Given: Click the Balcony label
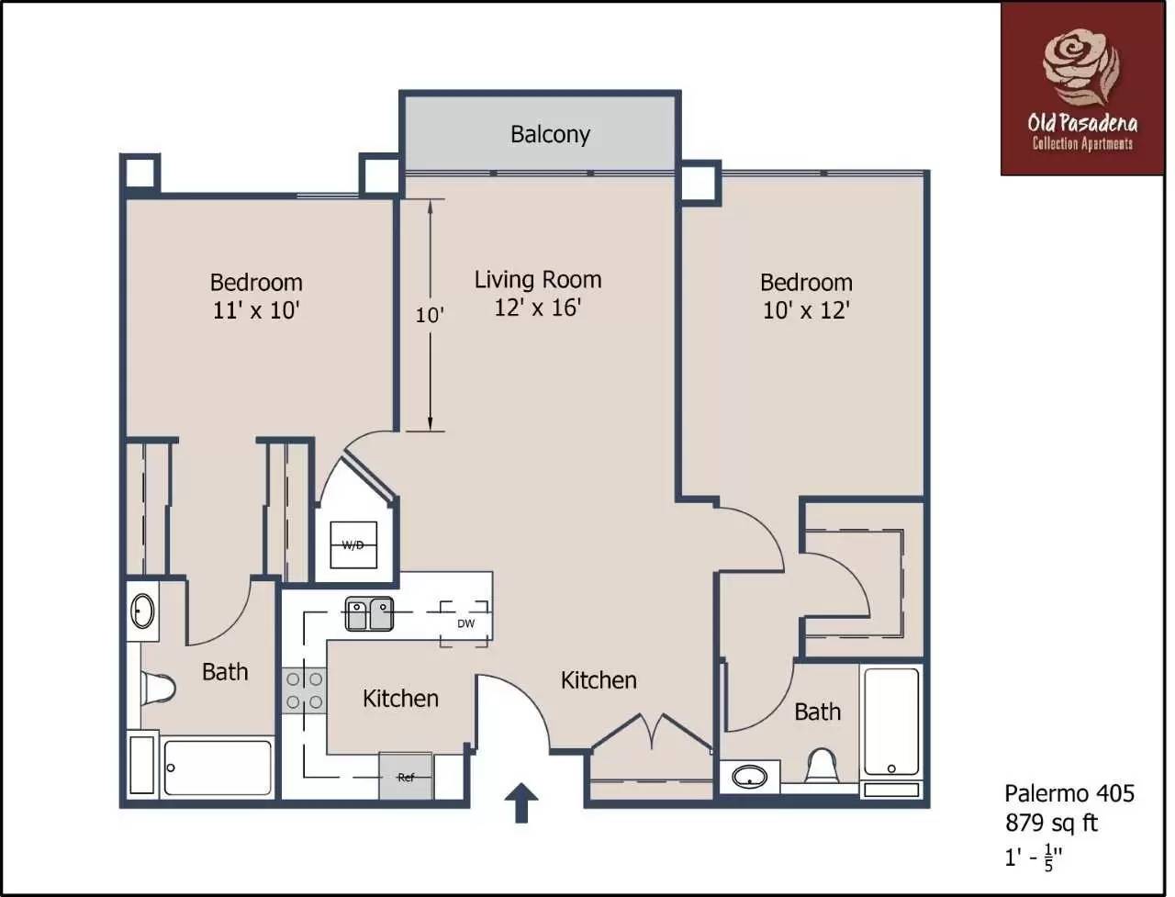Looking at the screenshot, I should [x=550, y=134].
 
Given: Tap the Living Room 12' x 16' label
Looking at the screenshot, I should [x=538, y=293].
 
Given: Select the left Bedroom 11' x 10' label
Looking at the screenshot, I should [x=256, y=296].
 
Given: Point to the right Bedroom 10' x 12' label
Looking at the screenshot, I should [x=806, y=296].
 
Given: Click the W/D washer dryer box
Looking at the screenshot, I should [x=353, y=545].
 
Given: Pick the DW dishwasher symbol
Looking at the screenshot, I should [x=465, y=623].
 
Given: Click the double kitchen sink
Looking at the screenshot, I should [x=369, y=613].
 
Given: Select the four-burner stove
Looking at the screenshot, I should [x=304, y=690].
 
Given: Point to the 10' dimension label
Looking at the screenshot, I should [x=429, y=315].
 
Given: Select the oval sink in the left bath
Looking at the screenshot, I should [x=142, y=611].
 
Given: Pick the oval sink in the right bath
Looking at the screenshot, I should [x=751, y=778].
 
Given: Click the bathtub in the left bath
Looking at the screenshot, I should [x=218, y=768].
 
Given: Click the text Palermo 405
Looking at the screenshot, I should [x=1069, y=793].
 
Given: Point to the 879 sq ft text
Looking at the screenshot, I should [x=1051, y=822].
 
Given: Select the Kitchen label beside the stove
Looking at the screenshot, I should [x=400, y=699].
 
